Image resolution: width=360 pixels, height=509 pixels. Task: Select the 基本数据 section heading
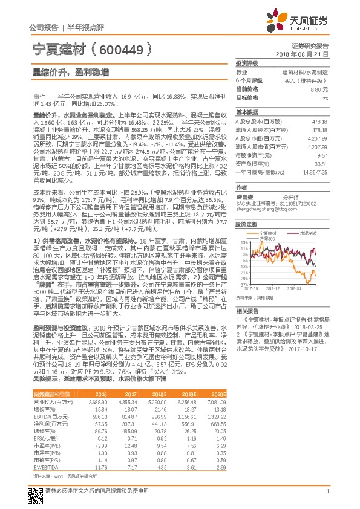(246, 112)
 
